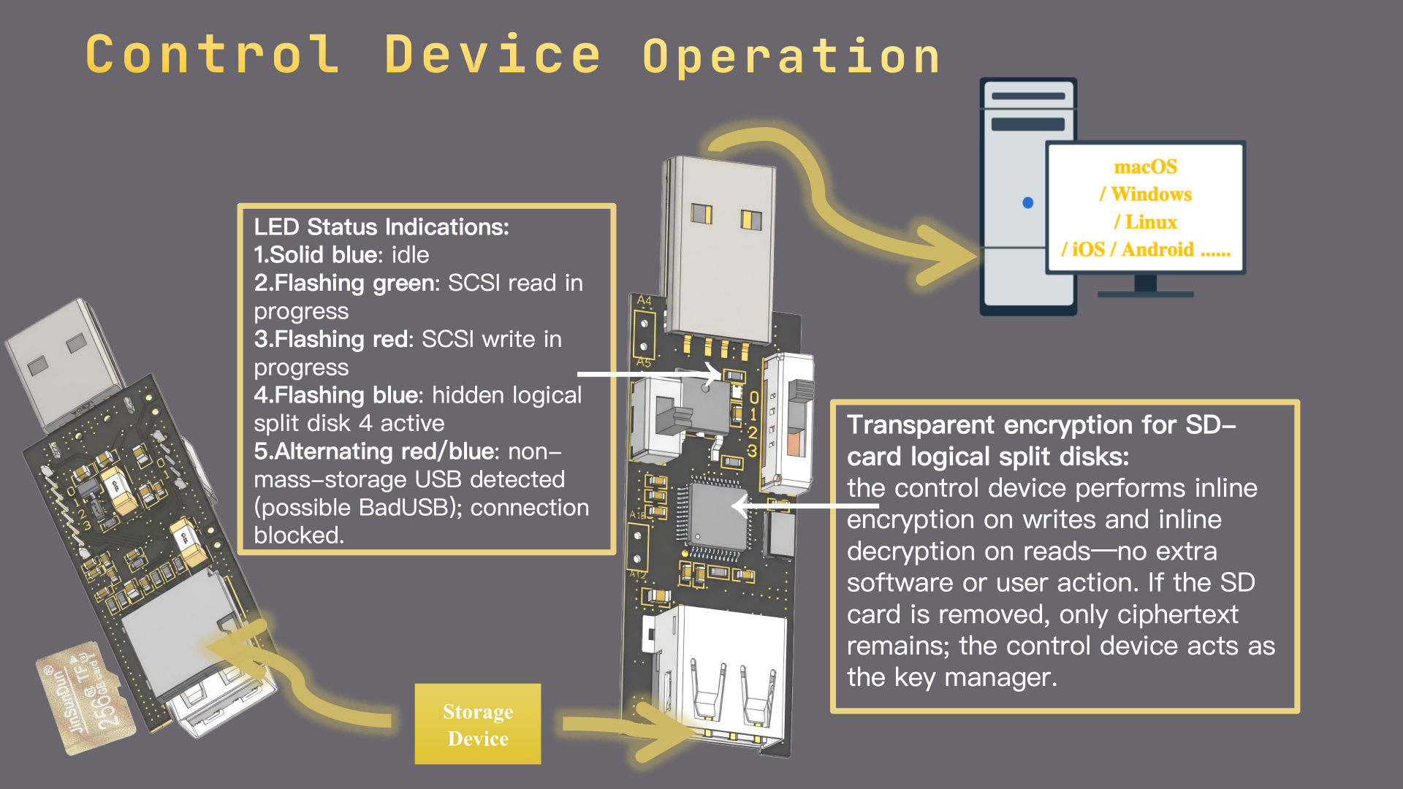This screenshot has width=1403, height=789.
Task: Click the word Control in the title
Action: [x=213, y=55]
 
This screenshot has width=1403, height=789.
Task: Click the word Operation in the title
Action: [x=791, y=57]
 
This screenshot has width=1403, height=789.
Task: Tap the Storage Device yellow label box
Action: [x=478, y=724]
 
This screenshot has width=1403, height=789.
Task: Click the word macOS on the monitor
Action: [x=1145, y=167]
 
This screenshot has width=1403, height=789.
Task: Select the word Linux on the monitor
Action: [x=1151, y=222]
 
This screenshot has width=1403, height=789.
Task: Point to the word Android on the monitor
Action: [x=1157, y=250]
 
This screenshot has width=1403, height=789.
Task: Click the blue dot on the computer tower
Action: [x=1027, y=202]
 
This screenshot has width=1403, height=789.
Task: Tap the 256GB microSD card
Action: [x=86, y=695]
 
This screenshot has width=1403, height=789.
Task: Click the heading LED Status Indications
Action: [x=381, y=227]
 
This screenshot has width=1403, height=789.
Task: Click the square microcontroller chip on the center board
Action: [x=718, y=517]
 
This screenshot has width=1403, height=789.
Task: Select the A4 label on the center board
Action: [x=644, y=300]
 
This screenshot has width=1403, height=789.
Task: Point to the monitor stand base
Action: [x=1145, y=293]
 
